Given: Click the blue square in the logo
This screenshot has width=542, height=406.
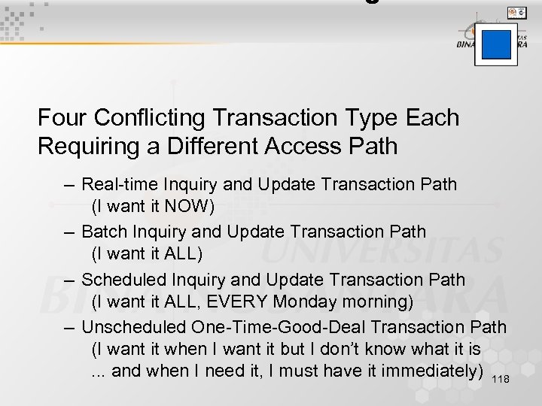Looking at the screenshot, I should point(496,44).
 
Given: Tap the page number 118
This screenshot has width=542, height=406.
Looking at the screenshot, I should point(500,379).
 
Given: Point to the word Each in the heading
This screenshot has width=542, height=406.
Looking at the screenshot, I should point(431,118).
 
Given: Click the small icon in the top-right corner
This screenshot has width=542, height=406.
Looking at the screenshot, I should point(517,12).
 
